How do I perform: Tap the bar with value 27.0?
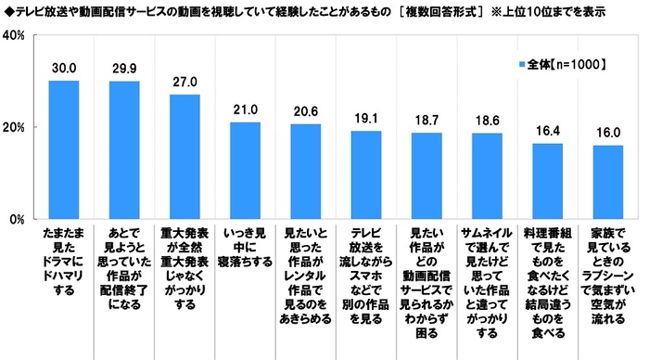tap(185, 157)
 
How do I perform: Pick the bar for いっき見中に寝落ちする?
tap(245, 171)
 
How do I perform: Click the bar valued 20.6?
tap(305, 172)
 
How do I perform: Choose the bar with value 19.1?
tap(366, 175)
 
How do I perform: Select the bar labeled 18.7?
tap(426, 176)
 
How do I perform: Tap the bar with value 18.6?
tap(487, 176)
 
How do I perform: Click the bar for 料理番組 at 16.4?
tap(547, 182)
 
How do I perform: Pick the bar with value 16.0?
tap(607, 183)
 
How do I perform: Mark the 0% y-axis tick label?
tap(16, 220)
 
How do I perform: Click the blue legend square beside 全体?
tap(522, 64)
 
